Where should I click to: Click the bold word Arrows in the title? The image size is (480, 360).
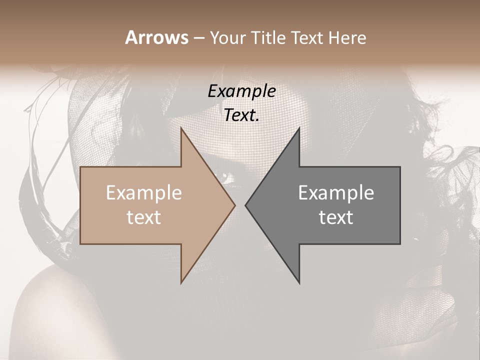pos(157,37)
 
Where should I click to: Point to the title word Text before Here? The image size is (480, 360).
pos(308,37)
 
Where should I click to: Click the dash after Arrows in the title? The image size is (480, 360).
pos(198,38)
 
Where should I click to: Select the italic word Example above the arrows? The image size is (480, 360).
pos(241,91)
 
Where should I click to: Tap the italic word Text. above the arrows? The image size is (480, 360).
pos(241,115)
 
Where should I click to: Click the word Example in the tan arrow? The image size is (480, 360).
pos(143,193)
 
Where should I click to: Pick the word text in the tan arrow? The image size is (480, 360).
pos(143,217)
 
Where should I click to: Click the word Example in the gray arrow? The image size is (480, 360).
pos(336,193)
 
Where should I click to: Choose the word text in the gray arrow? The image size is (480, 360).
pos(336,217)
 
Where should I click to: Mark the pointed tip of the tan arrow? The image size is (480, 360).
pos(235,205)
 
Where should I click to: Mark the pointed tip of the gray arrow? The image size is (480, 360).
pos(245,205)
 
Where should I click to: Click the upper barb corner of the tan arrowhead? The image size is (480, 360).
pos(181,128)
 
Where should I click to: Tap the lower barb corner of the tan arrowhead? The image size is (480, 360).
pos(181,283)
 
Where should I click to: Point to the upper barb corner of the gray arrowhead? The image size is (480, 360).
pos(299,128)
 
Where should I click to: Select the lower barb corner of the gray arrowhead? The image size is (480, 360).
pos(299,283)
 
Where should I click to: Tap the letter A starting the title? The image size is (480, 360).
pos(130,37)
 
